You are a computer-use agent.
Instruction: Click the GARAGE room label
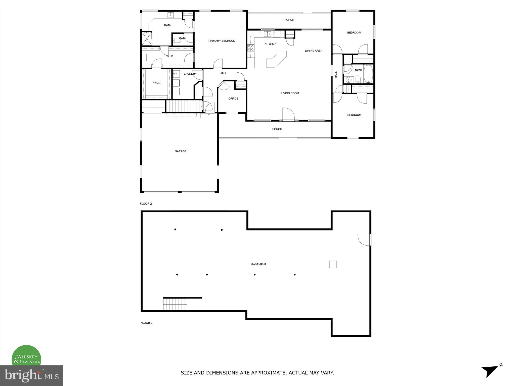tap(181, 151)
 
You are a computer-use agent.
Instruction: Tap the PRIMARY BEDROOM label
tap(222, 41)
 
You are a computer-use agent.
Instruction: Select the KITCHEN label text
tap(270, 44)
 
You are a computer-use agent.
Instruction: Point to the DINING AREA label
tap(314, 51)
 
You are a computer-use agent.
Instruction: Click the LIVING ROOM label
tap(290, 93)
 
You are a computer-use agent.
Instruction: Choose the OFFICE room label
tap(233, 99)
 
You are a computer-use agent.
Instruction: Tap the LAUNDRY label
tap(190, 74)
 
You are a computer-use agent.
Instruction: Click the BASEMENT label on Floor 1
tap(259, 264)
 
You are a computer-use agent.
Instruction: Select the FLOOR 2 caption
tap(146, 204)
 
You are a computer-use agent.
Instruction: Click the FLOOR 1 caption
tap(147, 323)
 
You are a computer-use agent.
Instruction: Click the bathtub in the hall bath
tap(368, 74)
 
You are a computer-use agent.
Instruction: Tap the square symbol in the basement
tap(333, 264)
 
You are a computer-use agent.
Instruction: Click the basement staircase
tap(175, 304)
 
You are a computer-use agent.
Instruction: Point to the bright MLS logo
tap(31, 375)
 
